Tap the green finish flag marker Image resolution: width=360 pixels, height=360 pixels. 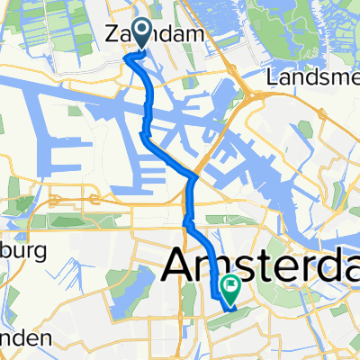point(230,290)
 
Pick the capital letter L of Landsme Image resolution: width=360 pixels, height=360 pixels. point(273,78)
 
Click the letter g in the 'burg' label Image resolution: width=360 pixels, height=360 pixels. point(40,253)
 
